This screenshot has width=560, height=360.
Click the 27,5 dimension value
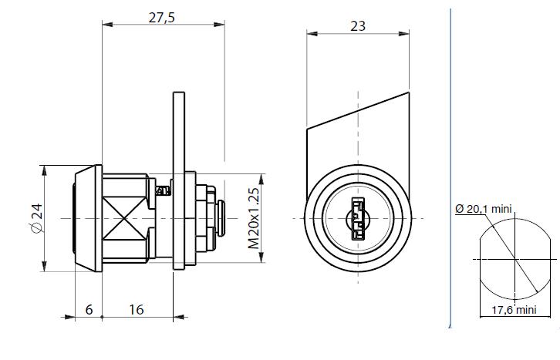tap(162, 17)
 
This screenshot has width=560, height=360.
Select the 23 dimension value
tap(358, 26)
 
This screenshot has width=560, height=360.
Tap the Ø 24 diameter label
tap(37, 218)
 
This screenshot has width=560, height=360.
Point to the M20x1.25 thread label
tap(254, 218)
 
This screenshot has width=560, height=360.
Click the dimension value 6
tap(89, 310)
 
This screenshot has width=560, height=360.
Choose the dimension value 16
tap(136, 310)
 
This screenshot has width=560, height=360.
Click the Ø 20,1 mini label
tap(484, 209)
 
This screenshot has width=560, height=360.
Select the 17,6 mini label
tap(514, 310)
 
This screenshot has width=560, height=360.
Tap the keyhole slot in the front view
tap(357, 219)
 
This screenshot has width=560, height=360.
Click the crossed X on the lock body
tap(124, 218)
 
